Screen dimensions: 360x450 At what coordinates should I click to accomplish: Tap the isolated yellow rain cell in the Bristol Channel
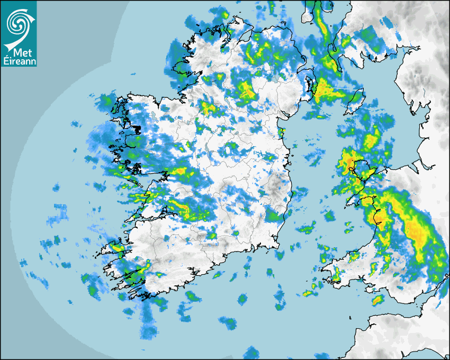(377, 301)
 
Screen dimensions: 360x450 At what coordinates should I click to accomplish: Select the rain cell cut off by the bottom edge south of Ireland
(251, 352)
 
